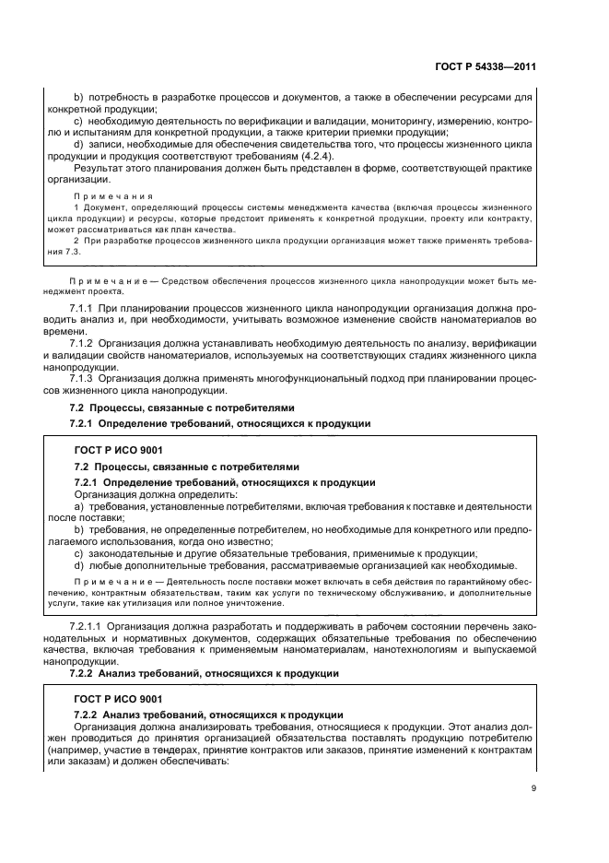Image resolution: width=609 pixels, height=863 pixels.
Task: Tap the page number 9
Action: (533, 787)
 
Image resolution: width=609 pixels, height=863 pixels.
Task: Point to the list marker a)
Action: (79, 506)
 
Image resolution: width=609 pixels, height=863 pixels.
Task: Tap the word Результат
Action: (99, 169)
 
